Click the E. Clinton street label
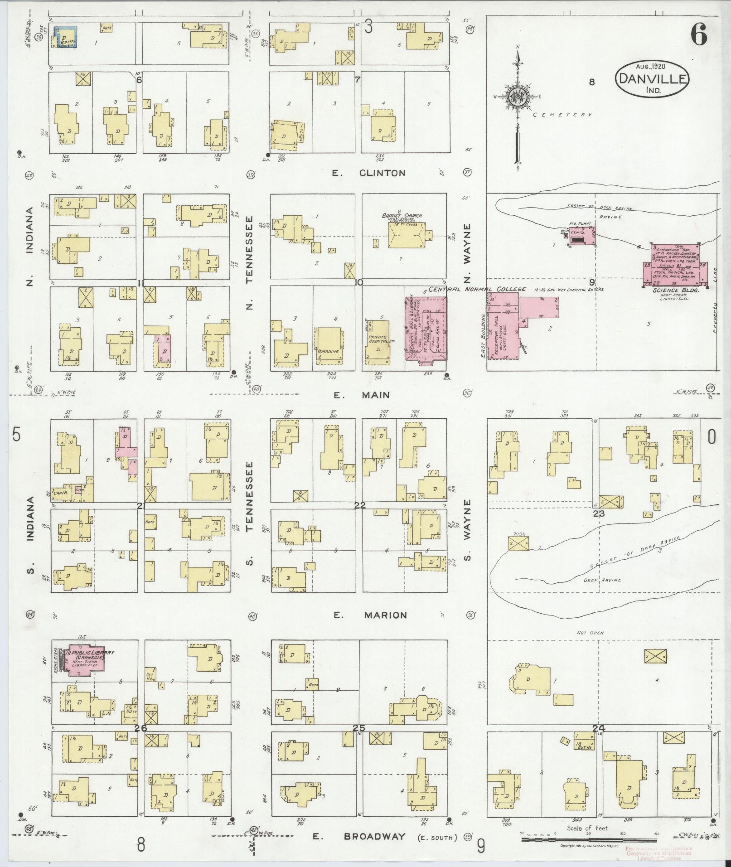[369, 173]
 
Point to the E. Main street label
[361, 395]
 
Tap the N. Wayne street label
[468, 254]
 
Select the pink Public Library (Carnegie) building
[89, 659]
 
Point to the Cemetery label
[562, 115]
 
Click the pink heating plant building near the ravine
[581, 235]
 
